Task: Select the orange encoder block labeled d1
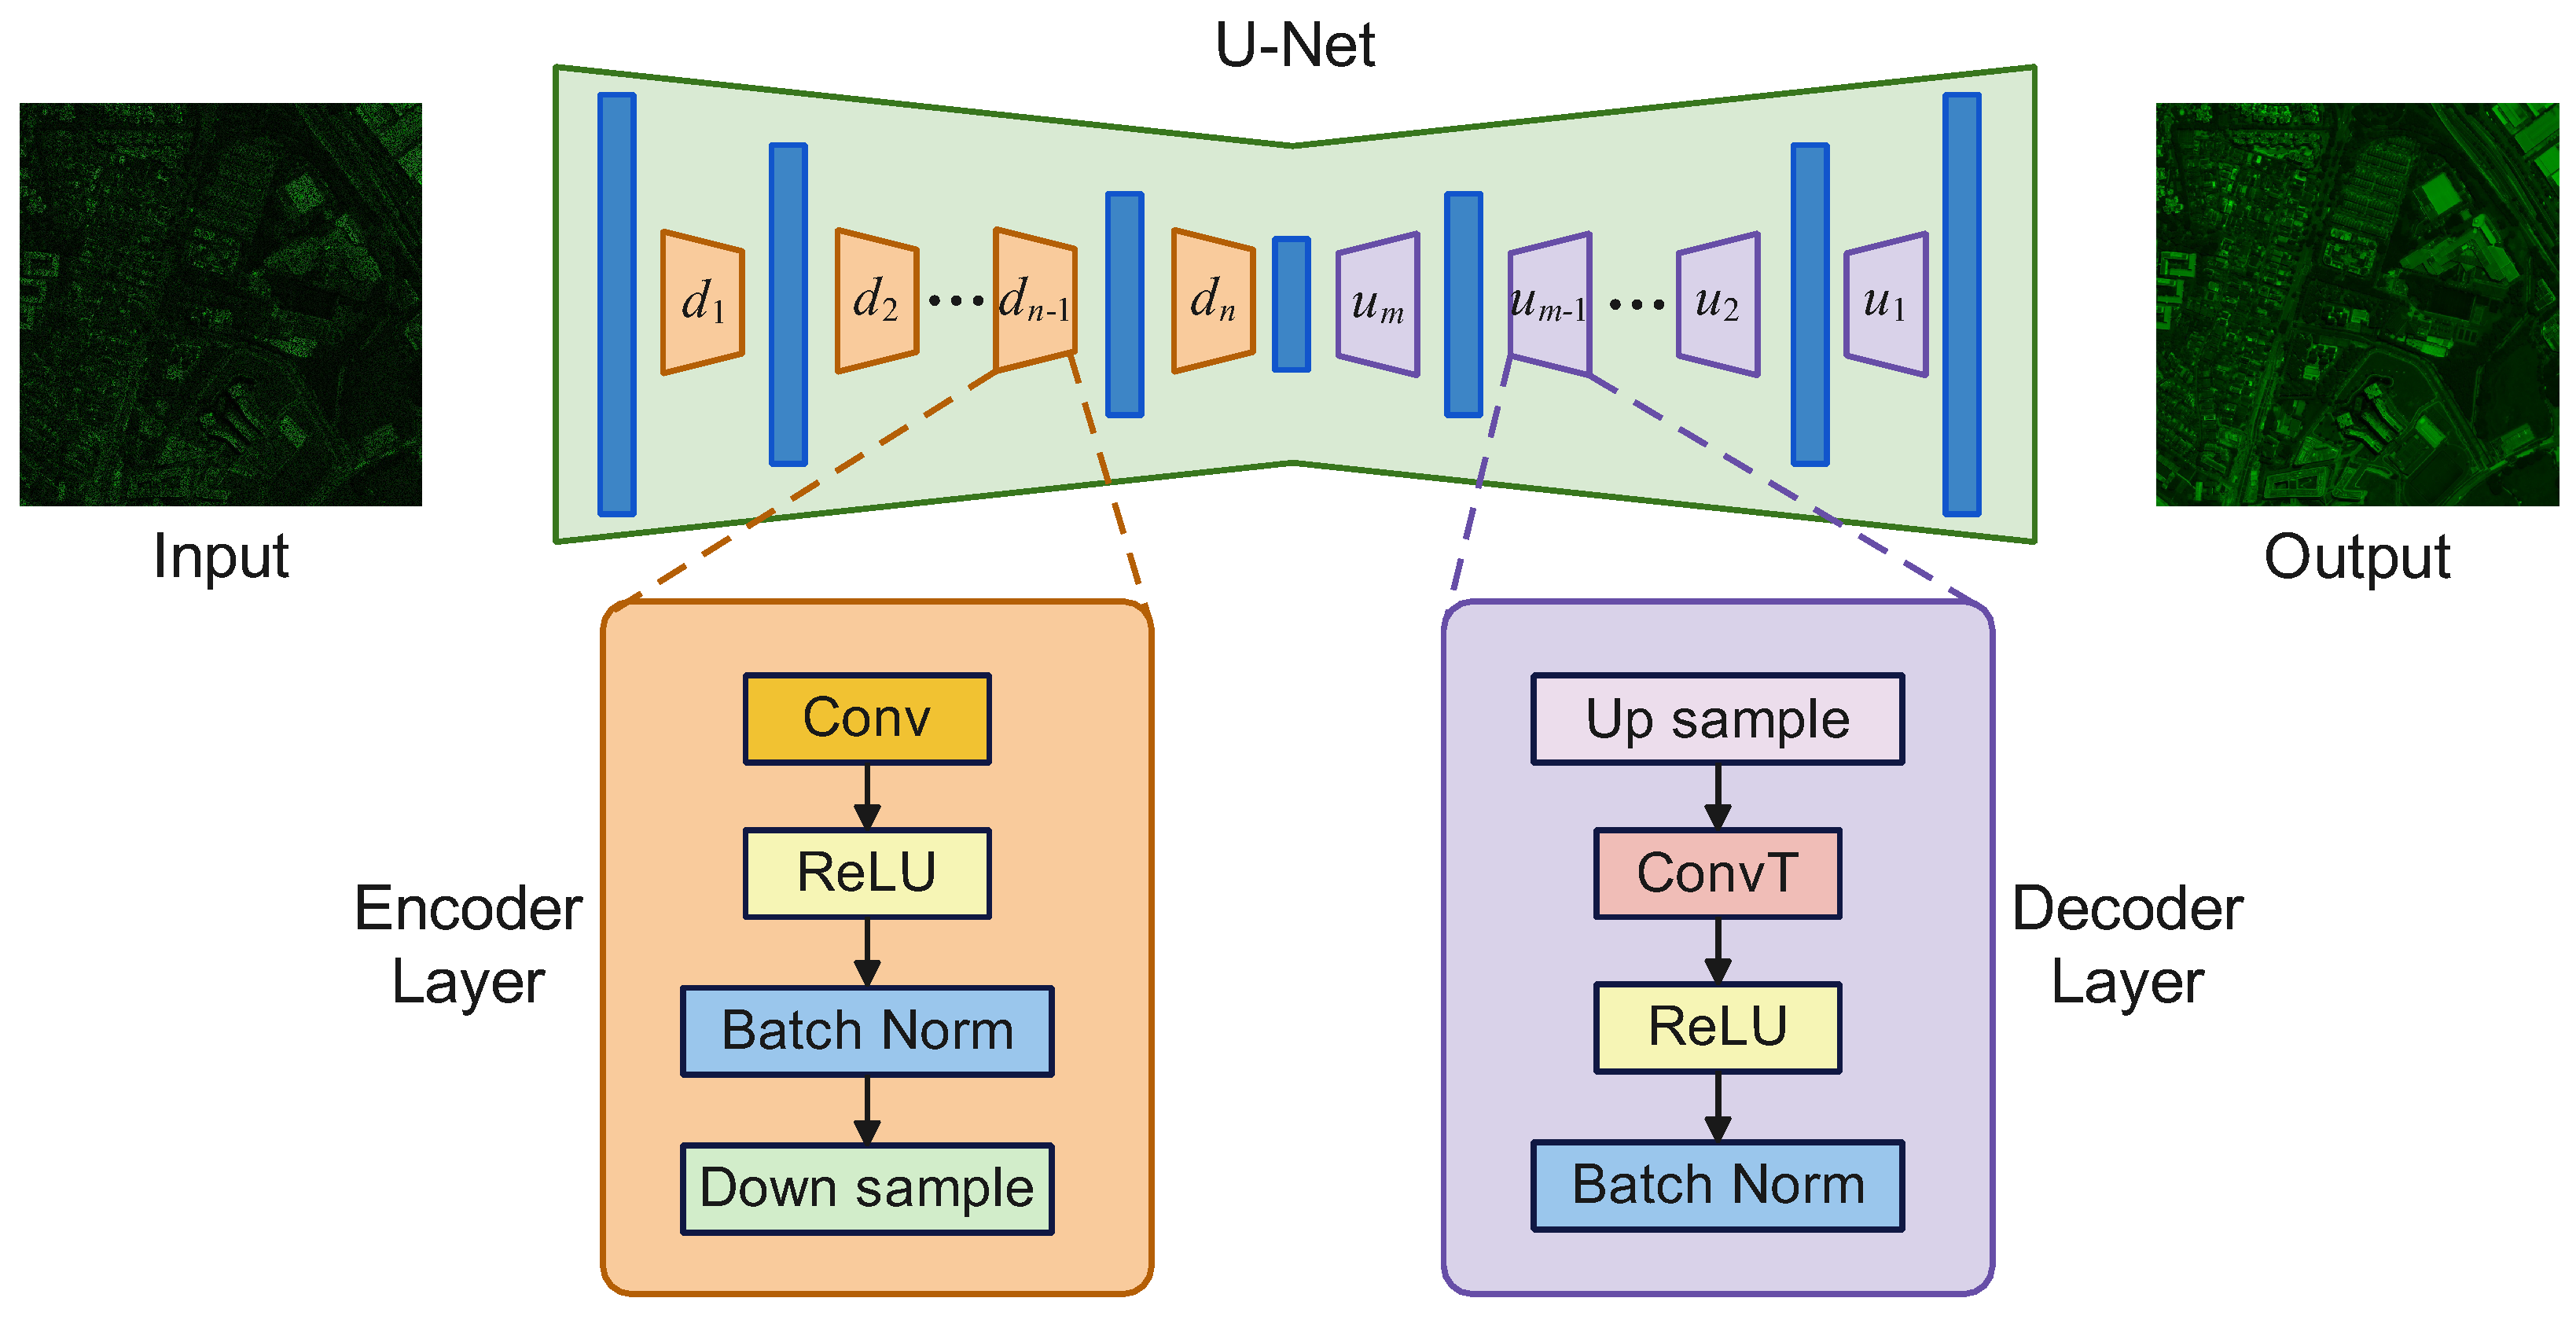tap(702, 302)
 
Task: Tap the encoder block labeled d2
tap(877, 301)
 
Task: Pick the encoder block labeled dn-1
tap(1035, 300)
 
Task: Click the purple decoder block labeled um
tap(1378, 304)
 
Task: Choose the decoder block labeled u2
tap(1718, 304)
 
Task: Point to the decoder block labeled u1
tap(1886, 304)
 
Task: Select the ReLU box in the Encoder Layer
tap(867, 873)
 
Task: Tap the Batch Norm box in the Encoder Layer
tap(867, 1031)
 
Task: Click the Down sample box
tap(867, 1189)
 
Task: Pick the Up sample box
tap(1718, 719)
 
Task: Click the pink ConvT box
tap(1718, 873)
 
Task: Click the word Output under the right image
tap(2357, 557)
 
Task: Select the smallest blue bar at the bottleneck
tap(1291, 304)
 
